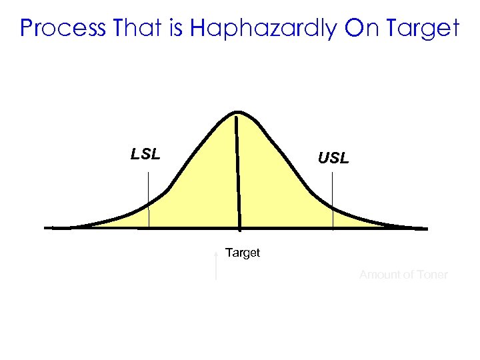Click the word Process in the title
click(64, 28)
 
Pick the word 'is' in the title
click(174, 28)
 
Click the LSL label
click(145, 155)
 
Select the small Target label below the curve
click(243, 253)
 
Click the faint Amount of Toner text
click(403, 275)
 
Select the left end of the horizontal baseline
click(47, 228)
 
